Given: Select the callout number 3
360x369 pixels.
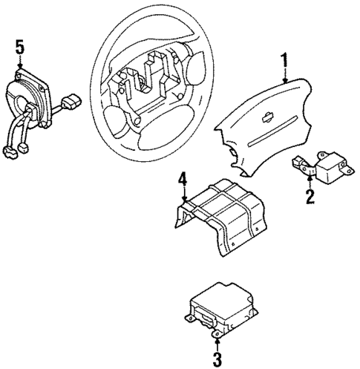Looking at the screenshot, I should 216,359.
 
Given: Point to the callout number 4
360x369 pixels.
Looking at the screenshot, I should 182,179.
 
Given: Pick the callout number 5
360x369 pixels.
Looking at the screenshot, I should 20,48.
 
